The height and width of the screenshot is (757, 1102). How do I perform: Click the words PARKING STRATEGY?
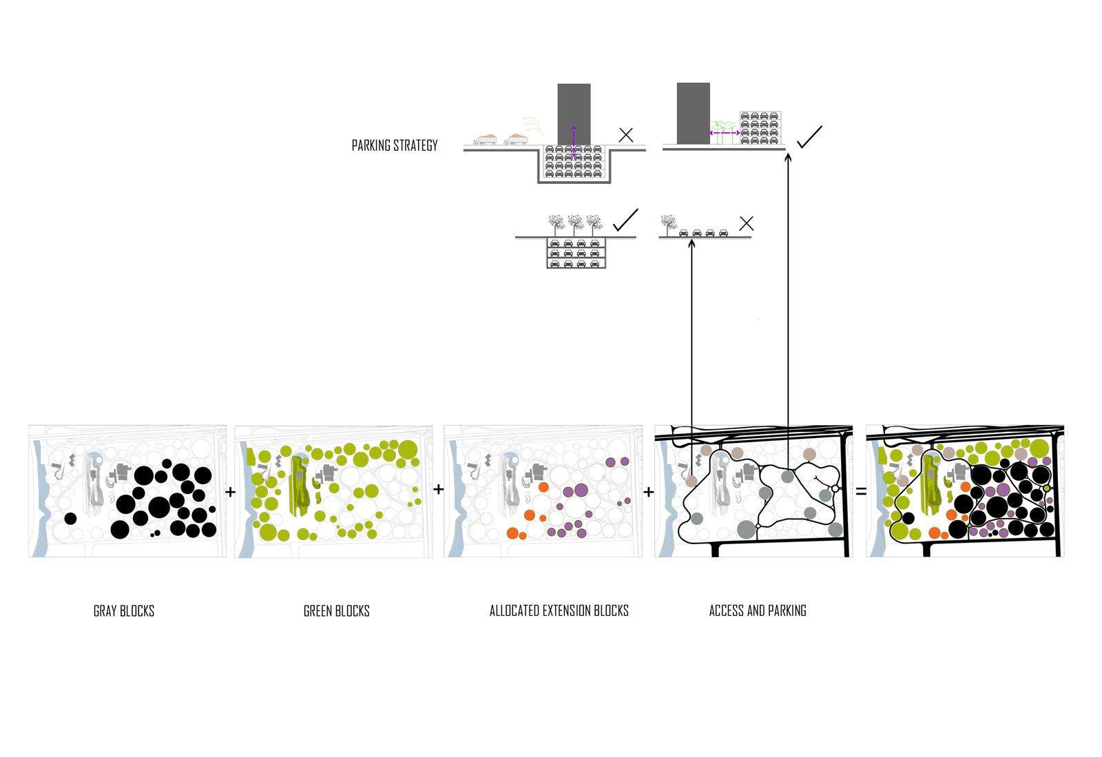(395, 145)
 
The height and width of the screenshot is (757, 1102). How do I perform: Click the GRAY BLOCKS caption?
(124, 611)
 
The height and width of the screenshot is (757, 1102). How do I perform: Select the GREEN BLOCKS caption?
(337, 611)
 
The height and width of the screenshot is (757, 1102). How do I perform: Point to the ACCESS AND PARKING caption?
(758, 611)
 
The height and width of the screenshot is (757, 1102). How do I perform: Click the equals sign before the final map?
(861, 492)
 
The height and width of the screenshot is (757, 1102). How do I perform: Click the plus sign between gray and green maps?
(231, 492)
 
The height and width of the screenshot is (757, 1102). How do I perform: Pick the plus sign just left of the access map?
(648, 492)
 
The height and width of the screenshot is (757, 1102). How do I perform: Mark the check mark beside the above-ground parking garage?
(809, 137)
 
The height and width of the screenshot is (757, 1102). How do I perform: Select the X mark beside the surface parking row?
(746, 223)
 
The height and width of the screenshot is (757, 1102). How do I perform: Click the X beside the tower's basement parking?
(626, 135)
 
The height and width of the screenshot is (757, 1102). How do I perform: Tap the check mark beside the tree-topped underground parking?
(625, 220)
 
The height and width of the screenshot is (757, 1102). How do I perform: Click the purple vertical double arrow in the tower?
(574, 142)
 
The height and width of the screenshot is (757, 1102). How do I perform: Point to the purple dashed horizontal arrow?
(725, 133)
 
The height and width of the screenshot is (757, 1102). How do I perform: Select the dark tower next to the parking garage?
(693, 113)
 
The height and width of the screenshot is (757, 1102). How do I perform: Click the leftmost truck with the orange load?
(486, 139)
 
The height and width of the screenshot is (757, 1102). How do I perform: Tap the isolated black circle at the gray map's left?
(70, 518)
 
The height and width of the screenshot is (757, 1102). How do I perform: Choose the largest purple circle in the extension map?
(581, 490)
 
